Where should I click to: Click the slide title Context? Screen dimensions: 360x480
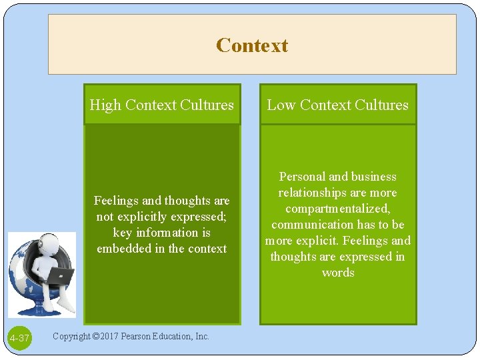[x=252, y=45]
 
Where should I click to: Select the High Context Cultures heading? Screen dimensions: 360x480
[x=161, y=105]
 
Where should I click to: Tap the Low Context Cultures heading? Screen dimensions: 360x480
[x=337, y=105]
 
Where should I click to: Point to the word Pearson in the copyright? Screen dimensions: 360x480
[x=139, y=336]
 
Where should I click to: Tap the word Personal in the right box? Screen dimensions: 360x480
[x=302, y=177]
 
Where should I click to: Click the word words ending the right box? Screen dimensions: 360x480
[x=337, y=273]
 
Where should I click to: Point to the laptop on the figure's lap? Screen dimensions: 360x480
[x=61, y=275]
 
